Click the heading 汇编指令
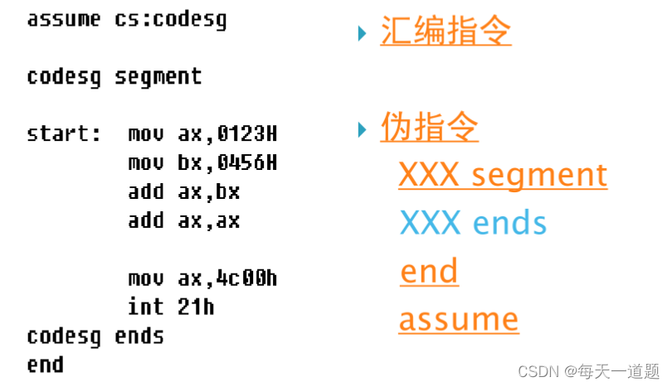(446, 32)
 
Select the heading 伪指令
(429, 128)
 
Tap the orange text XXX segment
(503, 176)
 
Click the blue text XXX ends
(473, 223)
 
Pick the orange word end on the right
(429, 272)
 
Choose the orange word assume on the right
(459, 319)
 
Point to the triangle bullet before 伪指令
(362, 129)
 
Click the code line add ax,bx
(183, 191)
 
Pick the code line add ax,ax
(183, 220)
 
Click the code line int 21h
(171, 307)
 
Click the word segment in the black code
(158, 77)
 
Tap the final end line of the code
(45, 364)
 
